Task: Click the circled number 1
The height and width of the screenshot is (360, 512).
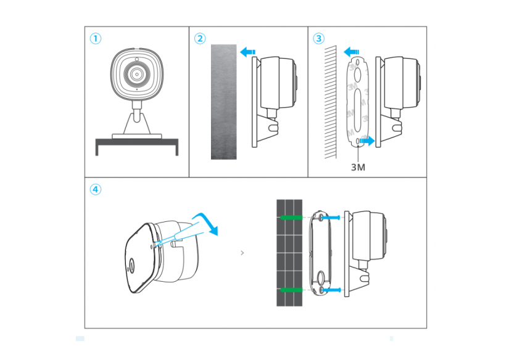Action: [x=95, y=38]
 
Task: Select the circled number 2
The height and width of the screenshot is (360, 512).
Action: [x=199, y=38]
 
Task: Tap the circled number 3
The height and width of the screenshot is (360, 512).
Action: [x=318, y=38]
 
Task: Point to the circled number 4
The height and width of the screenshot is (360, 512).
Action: [x=95, y=189]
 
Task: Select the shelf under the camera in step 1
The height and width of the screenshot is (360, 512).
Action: [x=136, y=143]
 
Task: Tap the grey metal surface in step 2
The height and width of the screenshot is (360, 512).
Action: [x=223, y=102]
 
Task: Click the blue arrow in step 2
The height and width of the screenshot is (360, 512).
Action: [x=249, y=53]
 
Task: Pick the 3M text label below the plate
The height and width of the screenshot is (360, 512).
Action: [x=358, y=167]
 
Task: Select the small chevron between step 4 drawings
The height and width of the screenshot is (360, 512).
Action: [x=242, y=252]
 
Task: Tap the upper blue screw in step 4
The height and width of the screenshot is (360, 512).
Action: [x=331, y=217]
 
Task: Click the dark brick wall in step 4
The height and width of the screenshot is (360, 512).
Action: [x=289, y=253]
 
